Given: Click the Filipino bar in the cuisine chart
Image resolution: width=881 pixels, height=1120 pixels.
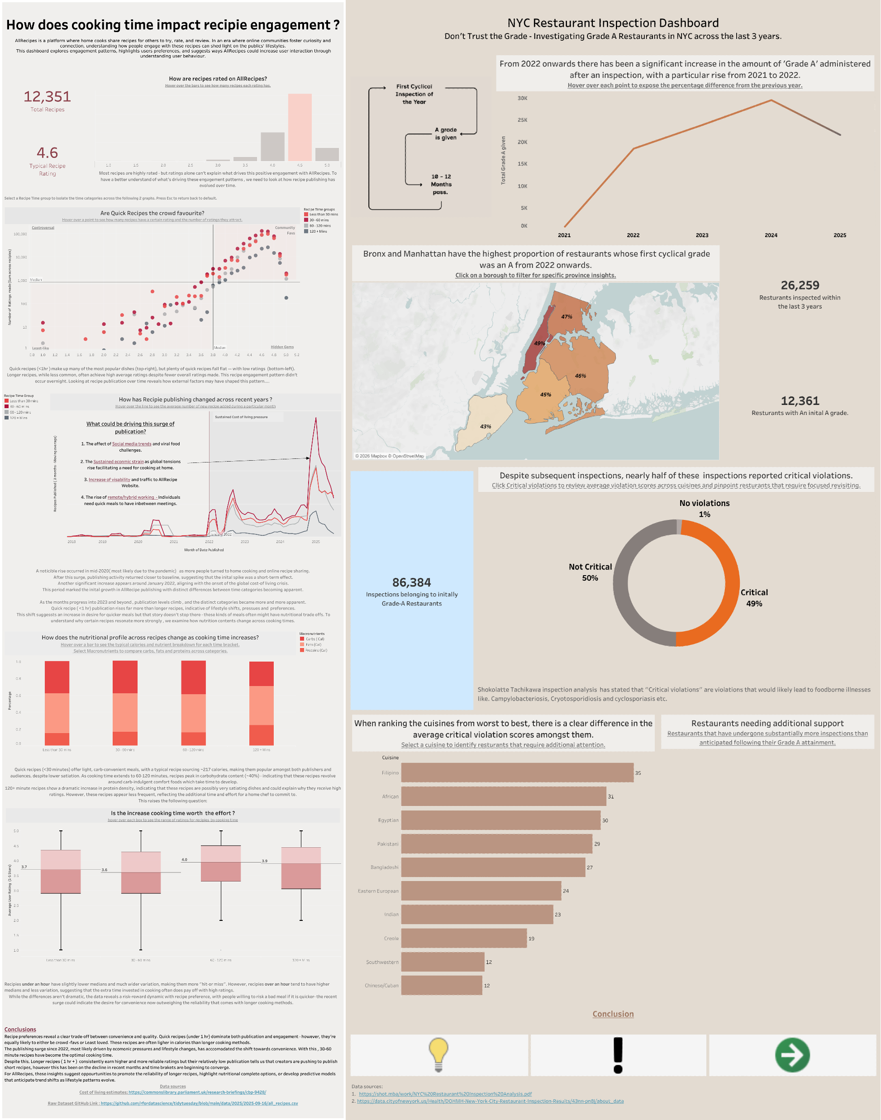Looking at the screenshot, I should (x=517, y=772).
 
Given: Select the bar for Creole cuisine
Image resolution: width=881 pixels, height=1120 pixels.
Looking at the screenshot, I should (x=464, y=938).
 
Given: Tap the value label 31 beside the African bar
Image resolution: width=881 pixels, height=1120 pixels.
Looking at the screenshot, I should (x=611, y=796).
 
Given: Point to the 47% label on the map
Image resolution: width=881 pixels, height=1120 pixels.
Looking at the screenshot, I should (x=567, y=317).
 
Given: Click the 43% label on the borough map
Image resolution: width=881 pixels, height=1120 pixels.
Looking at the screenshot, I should (x=486, y=427).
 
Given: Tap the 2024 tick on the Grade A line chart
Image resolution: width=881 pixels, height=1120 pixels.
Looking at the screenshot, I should (x=771, y=235).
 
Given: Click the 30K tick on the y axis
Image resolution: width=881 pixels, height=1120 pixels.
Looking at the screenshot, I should (x=523, y=98).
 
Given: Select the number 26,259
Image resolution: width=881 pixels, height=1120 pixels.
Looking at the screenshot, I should (x=800, y=285).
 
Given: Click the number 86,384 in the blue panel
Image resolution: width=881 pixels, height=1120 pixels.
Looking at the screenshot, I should (x=411, y=582).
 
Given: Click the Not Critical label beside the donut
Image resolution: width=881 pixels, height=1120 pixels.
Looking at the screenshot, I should (x=590, y=567).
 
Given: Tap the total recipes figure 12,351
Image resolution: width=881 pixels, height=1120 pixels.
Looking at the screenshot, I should (x=47, y=96).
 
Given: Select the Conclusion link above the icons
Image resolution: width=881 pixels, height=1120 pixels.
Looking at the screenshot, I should (x=613, y=1014).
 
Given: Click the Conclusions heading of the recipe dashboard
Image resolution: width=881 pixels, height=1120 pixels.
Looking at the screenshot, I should (x=20, y=1029).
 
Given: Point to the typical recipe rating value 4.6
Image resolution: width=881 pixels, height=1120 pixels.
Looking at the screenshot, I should (x=47, y=153).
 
